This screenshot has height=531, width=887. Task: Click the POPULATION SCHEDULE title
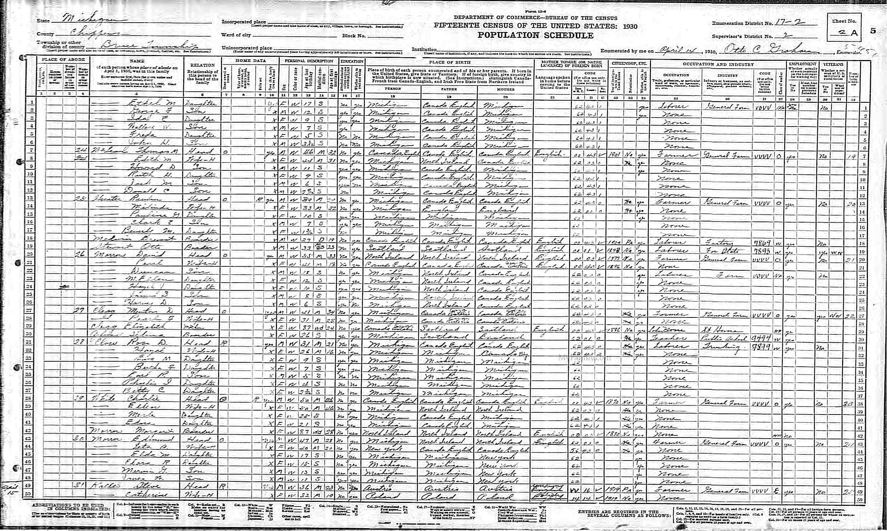pyautogui.click(x=535, y=35)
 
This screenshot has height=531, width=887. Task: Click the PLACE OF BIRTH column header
pyautogui.click(x=449, y=62)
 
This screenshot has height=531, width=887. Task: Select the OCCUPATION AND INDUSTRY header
pyautogui.click(x=718, y=64)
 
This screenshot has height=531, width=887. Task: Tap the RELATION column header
pyautogui.click(x=202, y=65)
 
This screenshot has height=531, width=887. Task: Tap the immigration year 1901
pyautogui.click(x=615, y=156)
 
